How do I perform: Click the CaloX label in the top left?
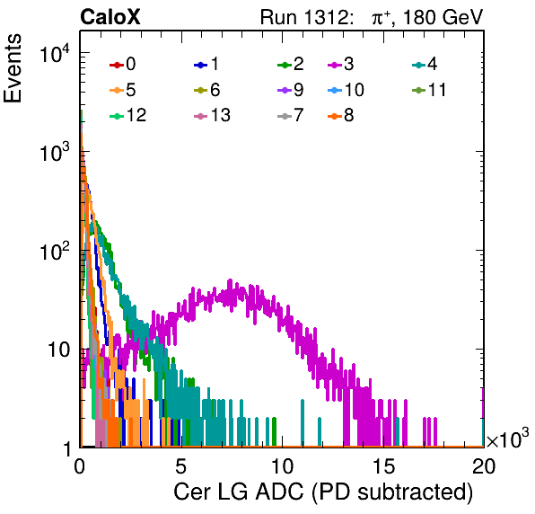110,17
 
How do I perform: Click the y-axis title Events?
13,68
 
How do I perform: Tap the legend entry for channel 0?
122,64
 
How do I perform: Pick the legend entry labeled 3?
340,64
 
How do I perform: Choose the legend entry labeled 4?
425,64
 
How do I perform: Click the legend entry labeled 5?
122,90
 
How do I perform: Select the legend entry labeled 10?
346,90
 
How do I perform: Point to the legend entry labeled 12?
128,115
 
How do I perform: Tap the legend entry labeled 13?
212,115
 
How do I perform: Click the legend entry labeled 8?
340,115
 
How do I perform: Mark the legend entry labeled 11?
429,90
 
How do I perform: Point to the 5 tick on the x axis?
180,466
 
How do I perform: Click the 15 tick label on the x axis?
384,466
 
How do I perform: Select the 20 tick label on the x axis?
484,466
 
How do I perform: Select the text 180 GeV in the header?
443,17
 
